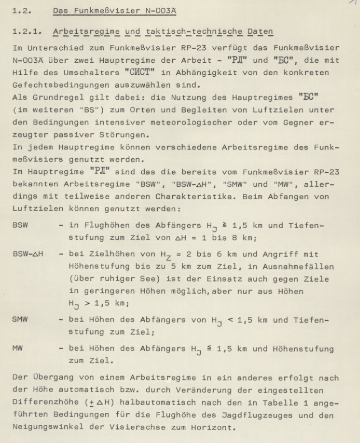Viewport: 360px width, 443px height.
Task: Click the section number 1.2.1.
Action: coord(26,32)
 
